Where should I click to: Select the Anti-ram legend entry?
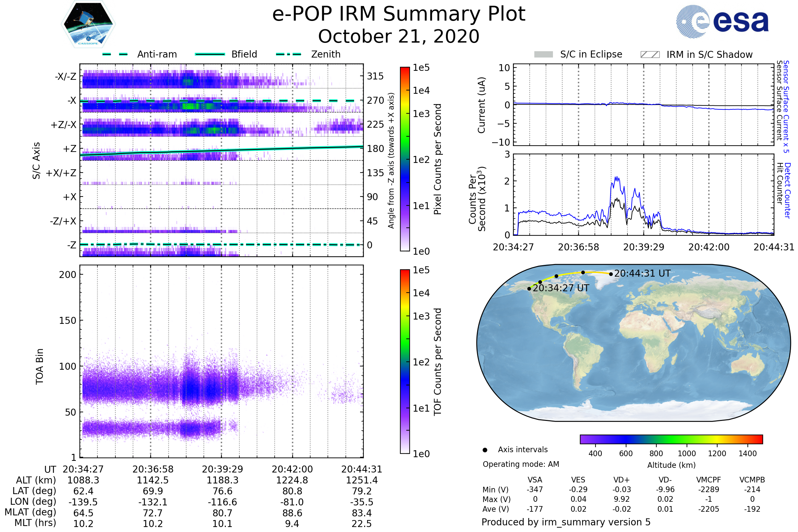pyautogui.click(x=157, y=54)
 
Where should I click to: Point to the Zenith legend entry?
pyautogui.click(x=326, y=54)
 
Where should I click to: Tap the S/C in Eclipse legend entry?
pyautogui.click(x=591, y=54)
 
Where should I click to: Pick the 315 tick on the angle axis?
pyautogui.click(x=375, y=76)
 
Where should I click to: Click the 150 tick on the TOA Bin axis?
pyautogui.click(x=67, y=321)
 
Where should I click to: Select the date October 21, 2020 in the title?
pyautogui.click(x=399, y=36)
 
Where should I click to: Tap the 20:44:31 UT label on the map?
pyautogui.click(x=642, y=273)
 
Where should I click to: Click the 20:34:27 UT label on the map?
pyautogui.click(x=561, y=288)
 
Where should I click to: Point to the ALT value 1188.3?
pyautogui.click(x=222, y=480)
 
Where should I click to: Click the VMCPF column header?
pyautogui.click(x=709, y=480)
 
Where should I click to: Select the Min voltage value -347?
pyautogui.click(x=535, y=489)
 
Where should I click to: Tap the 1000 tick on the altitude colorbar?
pyautogui.click(x=686, y=454)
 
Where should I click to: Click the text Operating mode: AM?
pyautogui.click(x=521, y=464)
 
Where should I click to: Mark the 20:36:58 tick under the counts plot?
pyautogui.click(x=579, y=247)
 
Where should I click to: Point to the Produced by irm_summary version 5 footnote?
pyautogui.click(x=566, y=522)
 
